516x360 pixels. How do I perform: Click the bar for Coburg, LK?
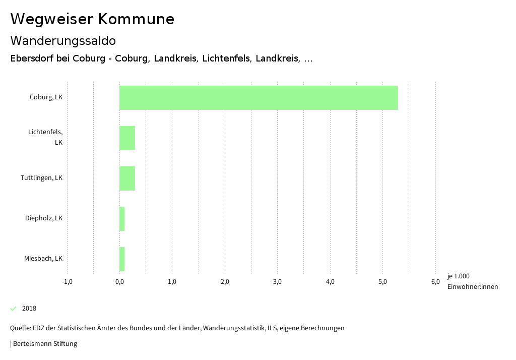[x=259, y=98]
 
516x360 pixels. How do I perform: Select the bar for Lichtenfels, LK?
[x=127, y=138]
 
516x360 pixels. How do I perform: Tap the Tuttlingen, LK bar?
[x=127, y=178]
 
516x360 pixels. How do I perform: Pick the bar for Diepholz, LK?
[x=122, y=219]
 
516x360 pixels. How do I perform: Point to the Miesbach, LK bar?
[x=122, y=259]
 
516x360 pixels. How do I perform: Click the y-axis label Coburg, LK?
[x=46, y=97]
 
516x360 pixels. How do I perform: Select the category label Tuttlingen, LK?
[x=41, y=178]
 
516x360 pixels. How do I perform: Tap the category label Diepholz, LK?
[x=44, y=218]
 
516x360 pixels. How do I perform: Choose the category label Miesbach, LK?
[x=43, y=259]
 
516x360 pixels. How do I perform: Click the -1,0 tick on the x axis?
[x=67, y=282]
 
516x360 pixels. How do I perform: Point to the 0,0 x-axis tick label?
[x=119, y=282]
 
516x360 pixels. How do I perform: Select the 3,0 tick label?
[x=277, y=282]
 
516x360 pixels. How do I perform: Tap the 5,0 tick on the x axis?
[x=382, y=282]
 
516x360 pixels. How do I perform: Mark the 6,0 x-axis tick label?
[x=435, y=282]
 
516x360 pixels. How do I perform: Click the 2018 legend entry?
[x=29, y=309]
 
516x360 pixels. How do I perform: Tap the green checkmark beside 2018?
[x=14, y=309]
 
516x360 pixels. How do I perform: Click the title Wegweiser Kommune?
[x=92, y=19]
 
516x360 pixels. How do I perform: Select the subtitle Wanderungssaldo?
[x=63, y=40]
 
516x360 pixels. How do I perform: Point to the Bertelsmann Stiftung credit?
[x=44, y=344]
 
